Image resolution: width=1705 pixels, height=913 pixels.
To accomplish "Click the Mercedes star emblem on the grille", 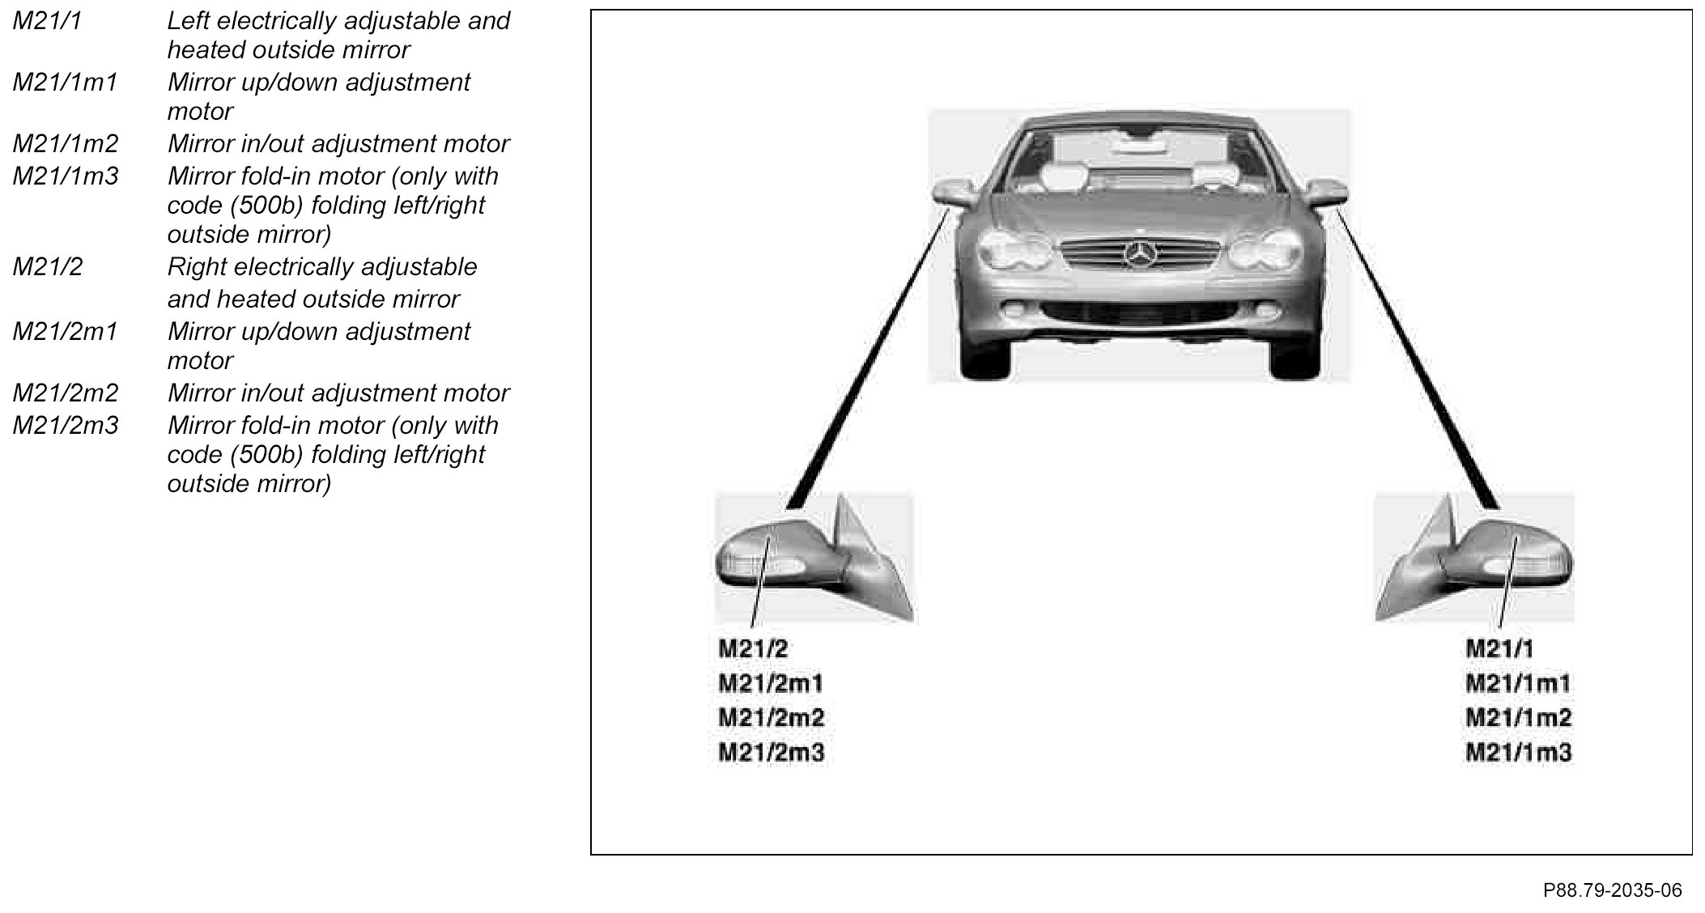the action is pyautogui.click(x=1138, y=255).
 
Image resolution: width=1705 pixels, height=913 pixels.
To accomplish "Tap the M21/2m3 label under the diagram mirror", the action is pyautogui.click(x=771, y=753).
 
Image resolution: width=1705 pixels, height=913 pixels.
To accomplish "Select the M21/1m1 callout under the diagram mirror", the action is pyautogui.click(x=1518, y=684).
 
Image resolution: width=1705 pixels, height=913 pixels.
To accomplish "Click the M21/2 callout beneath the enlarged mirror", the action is pyautogui.click(x=753, y=648).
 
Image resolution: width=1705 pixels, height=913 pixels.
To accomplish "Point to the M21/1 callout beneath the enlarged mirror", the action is pyautogui.click(x=1499, y=648).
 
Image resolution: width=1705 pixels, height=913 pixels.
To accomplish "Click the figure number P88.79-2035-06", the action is pyautogui.click(x=1612, y=890).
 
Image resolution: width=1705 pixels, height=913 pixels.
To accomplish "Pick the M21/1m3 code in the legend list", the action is pyautogui.click(x=65, y=176).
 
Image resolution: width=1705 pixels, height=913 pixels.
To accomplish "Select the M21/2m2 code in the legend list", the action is pyautogui.click(x=65, y=393).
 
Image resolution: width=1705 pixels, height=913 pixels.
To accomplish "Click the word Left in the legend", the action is pyautogui.click(x=189, y=21).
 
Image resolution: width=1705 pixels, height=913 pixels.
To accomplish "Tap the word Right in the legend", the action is pyautogui.click(x=197, y=267).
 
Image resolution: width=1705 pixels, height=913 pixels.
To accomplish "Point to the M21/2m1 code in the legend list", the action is pyautogui.click(x=65, y=332).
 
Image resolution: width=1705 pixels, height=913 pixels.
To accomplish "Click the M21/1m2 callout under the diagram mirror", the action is pyautogui.click(x=1518, y=718).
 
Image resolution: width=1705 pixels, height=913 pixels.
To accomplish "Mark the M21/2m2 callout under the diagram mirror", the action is pyautogui.click(x=771, y=718).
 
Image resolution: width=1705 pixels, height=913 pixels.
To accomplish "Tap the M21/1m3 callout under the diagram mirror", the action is pyautogui.click(x=1518, y=753).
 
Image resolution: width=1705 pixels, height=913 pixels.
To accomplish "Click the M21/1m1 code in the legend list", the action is pyautogui.click(x=65, y=83).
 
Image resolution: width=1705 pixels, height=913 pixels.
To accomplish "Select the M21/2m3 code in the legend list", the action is pyautogui.click(x=65, y=426).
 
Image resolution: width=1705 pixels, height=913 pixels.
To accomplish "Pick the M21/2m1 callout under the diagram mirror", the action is pyautogui.click(x=771, y=684).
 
